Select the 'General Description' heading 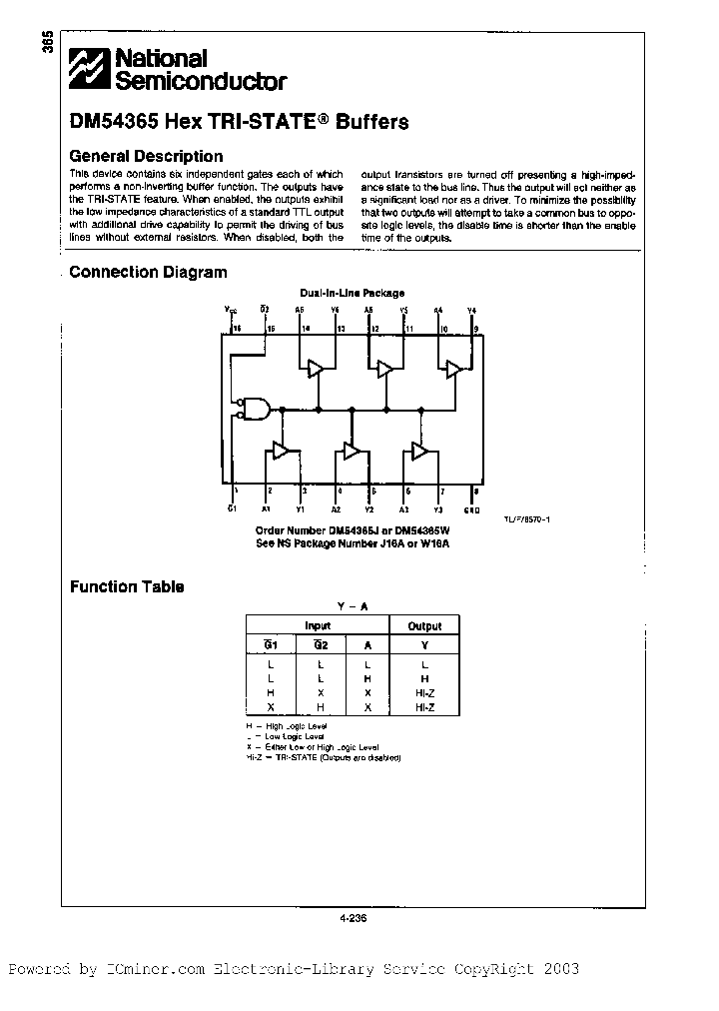click(x=146, y=156)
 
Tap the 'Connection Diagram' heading click(x=148, y=272)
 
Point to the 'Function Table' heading click(x=127, y=586)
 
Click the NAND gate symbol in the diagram click(x=259, y=408)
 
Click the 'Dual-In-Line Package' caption click(x=353, y=293)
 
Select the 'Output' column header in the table click(x=424, y=626)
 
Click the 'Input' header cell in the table click(x=318, y=626)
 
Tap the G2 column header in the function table click(x=318, y=645)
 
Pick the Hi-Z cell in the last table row click(x=424, y=707)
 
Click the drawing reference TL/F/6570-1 click(x=527, y=519)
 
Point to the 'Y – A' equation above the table click(x=353, y=605)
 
